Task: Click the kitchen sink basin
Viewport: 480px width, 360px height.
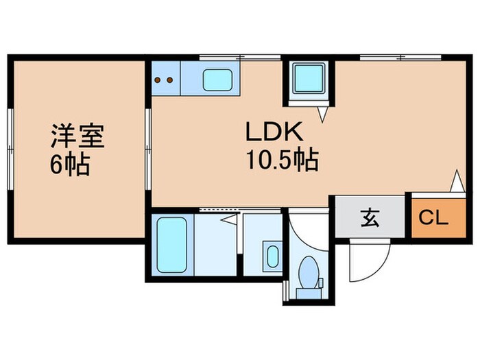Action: tap(218, 81)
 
